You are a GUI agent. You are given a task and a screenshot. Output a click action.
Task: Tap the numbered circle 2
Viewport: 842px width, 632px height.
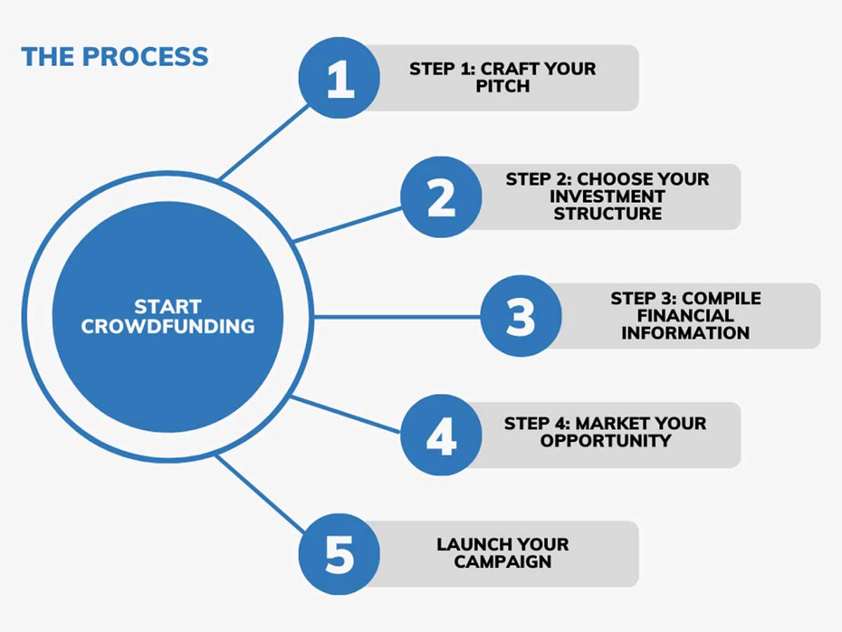[x=441, y=197]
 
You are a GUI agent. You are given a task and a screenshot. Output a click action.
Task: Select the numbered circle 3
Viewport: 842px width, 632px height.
[x=521, y=316]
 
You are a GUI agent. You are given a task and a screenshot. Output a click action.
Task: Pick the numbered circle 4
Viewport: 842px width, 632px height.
[x=441, y=435]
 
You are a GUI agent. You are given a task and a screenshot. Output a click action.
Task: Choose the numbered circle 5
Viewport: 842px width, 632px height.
[x=340, y=553]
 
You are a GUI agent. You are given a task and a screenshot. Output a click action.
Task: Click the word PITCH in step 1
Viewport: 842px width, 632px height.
[x=502, y=86]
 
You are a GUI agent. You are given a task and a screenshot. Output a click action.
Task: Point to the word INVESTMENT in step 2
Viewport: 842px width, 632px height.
[x=607, y=197]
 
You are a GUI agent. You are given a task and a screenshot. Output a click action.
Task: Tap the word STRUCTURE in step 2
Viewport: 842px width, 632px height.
[x=607, y=213]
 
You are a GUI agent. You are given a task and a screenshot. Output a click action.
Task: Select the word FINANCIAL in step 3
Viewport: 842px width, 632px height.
[x=685, y=316]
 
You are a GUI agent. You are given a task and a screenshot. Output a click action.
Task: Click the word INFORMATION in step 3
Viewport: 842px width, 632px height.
[x=685, y=333]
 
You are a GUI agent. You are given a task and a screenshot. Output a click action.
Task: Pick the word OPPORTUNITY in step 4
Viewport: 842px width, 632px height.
[x=606, y=441]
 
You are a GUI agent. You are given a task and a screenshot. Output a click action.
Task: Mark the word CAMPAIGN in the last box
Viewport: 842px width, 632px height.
[x=502, y=562]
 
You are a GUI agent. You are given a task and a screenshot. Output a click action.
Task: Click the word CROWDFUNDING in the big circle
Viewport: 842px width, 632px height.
[x=168, y=326]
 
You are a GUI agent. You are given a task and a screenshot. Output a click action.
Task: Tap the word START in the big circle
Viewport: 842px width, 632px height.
[x=168, y=307]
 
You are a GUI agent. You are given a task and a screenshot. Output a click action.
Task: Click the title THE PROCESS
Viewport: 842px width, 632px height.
[x=115, y=57]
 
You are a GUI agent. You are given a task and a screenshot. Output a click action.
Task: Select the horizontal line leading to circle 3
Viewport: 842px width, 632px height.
[x=396, y=317]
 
